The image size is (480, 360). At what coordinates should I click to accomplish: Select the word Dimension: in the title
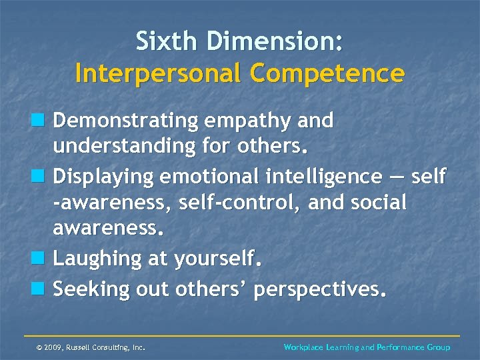[274, 41]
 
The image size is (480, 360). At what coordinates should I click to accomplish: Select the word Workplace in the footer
[305, 347]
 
